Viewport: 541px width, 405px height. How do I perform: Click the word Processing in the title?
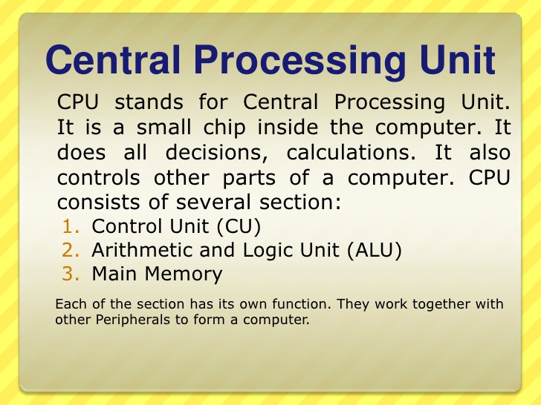click(x=303, y=61)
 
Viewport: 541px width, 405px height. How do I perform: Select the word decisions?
click(x=218, y=153)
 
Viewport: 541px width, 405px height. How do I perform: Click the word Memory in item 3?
click(x=185, y=274)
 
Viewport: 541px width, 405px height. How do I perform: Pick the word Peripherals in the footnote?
click(x=124, y=320)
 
